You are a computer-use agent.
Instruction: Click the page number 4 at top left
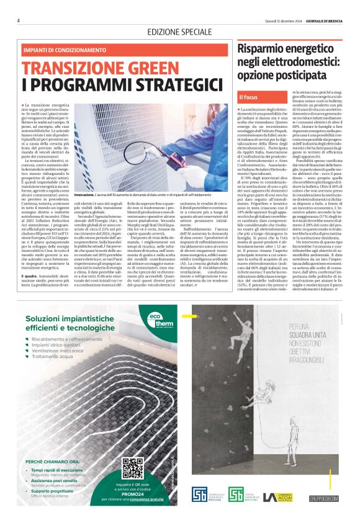[x=19, y=20]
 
